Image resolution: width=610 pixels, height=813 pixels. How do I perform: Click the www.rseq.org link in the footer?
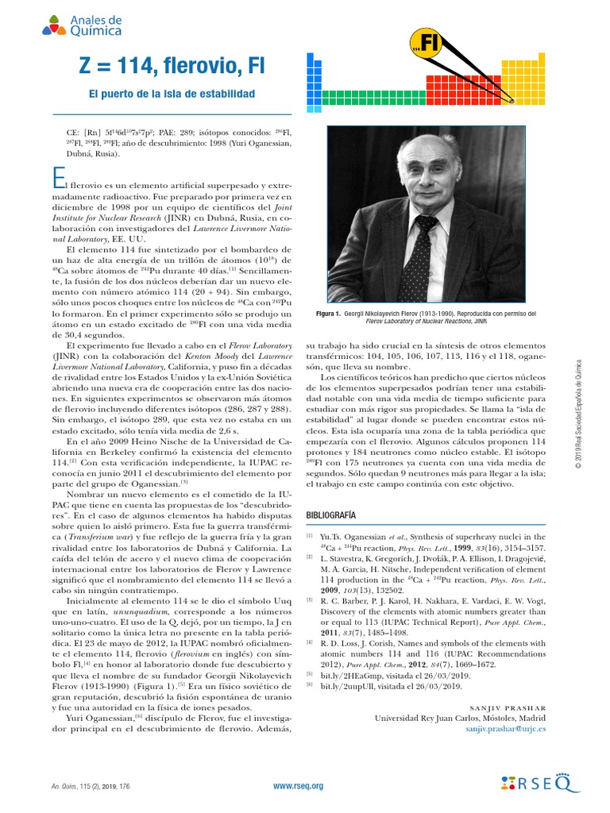pyautogui.click(x=298, y=786)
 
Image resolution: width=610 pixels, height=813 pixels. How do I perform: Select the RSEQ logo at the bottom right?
pyautogui.click(x=542, y=784)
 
